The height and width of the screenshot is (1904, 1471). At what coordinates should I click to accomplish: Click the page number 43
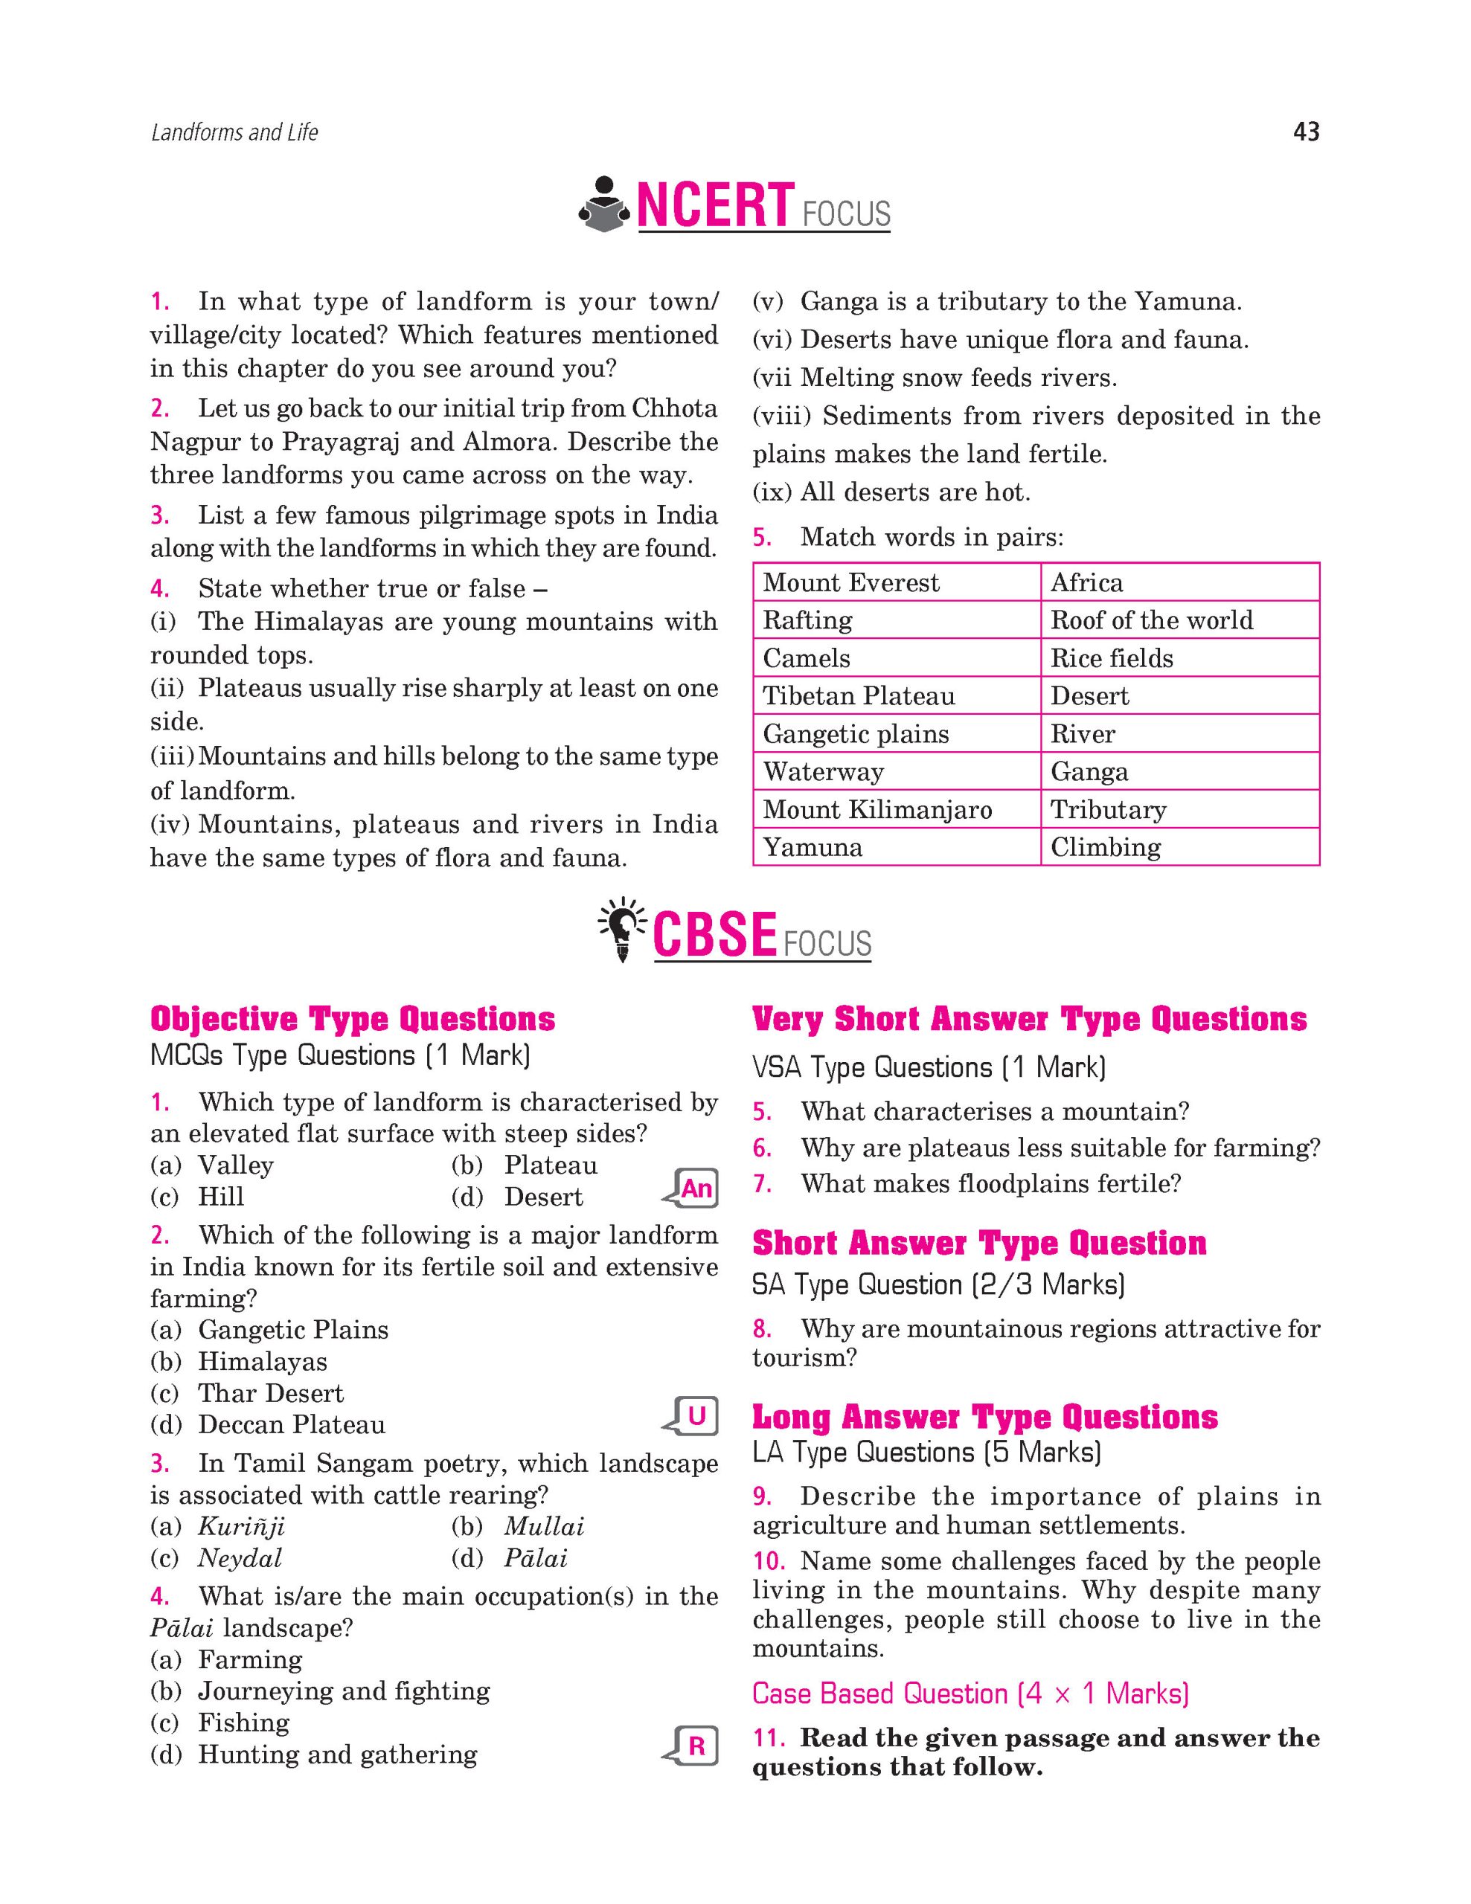1305,132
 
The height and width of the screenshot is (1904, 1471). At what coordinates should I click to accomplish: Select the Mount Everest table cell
896,582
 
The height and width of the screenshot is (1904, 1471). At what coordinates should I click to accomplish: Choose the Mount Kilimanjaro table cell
896,809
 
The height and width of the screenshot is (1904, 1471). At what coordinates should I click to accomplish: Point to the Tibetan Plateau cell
896,695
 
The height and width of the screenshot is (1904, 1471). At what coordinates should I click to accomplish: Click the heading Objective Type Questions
352,1019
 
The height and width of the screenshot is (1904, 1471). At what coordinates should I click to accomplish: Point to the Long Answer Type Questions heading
984,1418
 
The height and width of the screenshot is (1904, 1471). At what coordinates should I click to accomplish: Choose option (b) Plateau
549,1165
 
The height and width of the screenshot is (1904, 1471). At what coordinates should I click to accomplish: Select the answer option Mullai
543,1526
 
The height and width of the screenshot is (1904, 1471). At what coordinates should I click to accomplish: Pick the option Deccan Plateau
291,1424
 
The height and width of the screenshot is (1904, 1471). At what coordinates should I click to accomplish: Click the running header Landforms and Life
234,132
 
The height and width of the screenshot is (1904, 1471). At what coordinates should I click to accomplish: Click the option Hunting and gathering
336,1754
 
